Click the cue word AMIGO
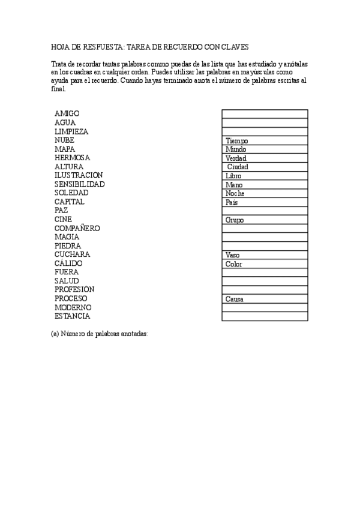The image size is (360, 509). [x=67, y=113]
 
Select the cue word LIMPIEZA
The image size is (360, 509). [x=71, y=131]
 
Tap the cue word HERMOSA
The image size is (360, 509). [x=72, y=158]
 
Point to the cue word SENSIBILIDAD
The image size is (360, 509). [x=79, y=184]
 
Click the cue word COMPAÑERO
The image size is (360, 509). [x=77, y=229]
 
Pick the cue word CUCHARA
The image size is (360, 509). [x=72, y=254]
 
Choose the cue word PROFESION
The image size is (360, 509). [x=74, y=289]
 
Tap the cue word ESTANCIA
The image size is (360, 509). [x=72, y=316]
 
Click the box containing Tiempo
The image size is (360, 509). [x=265, y=140]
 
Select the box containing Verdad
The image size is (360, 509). [x=265, y=158]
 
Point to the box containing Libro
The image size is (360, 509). [x=265, y=176]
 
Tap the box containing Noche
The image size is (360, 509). [x=265, y=193]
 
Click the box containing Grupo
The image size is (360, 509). [x=265, y=220]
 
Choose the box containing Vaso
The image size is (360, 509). [x=265, y=255]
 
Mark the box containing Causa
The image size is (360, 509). [x=265, y=299]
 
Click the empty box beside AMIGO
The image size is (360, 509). [x=265, y=113]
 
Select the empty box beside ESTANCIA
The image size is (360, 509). [x=265, y=316]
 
